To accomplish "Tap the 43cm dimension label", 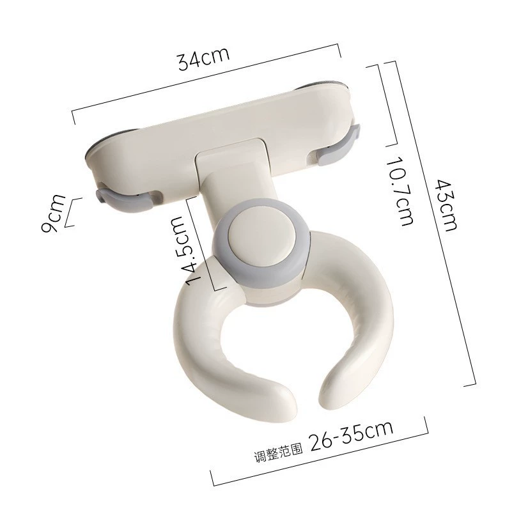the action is [x=446, y=205].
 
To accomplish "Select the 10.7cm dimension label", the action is [x=400, y=191].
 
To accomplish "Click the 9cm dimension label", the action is [x=53, y=213].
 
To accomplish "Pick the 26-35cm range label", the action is [x=352, y=437].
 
